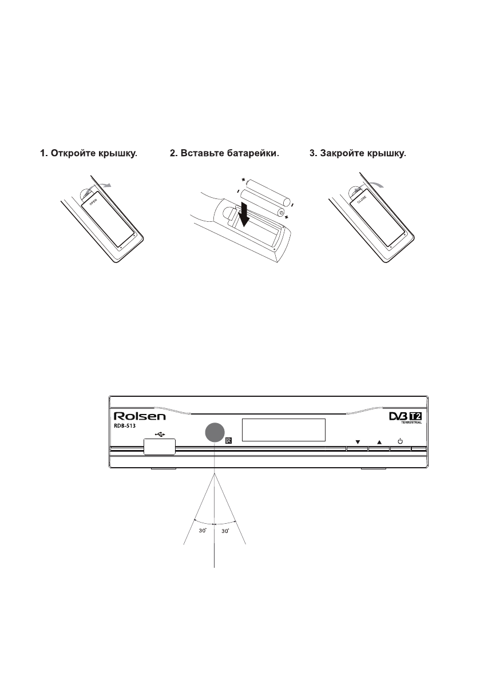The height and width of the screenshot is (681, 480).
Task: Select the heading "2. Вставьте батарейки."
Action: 224,153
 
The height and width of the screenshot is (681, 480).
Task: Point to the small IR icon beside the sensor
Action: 229,441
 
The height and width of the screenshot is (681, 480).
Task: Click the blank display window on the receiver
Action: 283,430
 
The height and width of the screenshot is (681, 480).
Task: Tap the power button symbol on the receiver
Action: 400,441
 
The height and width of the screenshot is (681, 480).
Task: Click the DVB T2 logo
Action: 404,418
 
